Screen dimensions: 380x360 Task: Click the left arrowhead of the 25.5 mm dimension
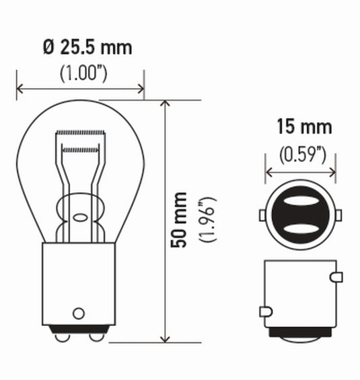point(20,88)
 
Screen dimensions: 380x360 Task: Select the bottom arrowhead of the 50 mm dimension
point(165,338)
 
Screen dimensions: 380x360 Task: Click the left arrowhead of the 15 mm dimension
point(269,173)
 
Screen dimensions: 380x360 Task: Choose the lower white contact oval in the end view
point(300,228)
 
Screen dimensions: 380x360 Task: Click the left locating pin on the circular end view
point(262,215)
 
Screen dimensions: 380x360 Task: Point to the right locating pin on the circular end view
point(338,215)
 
